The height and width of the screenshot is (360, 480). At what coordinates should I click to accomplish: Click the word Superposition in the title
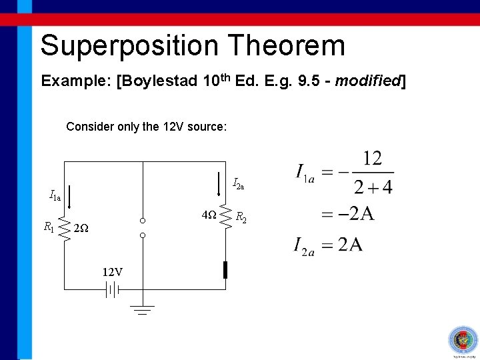129,45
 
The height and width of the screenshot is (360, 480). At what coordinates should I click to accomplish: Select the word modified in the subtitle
367,81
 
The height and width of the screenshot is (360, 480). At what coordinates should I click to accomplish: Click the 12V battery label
112,272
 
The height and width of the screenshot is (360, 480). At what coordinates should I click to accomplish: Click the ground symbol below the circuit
142,309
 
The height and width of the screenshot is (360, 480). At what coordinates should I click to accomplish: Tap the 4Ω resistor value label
209,215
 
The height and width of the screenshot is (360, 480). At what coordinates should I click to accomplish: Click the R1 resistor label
48,227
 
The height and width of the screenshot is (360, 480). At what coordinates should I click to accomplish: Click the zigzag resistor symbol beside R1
65,227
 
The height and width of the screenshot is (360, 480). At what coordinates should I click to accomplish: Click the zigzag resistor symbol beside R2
225,215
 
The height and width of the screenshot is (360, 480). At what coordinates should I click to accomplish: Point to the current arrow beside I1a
71,196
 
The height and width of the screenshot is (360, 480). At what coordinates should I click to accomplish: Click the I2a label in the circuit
238,184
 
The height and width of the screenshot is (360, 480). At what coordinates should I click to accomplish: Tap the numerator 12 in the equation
371,159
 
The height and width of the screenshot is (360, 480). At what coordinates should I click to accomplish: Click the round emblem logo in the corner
461,341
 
